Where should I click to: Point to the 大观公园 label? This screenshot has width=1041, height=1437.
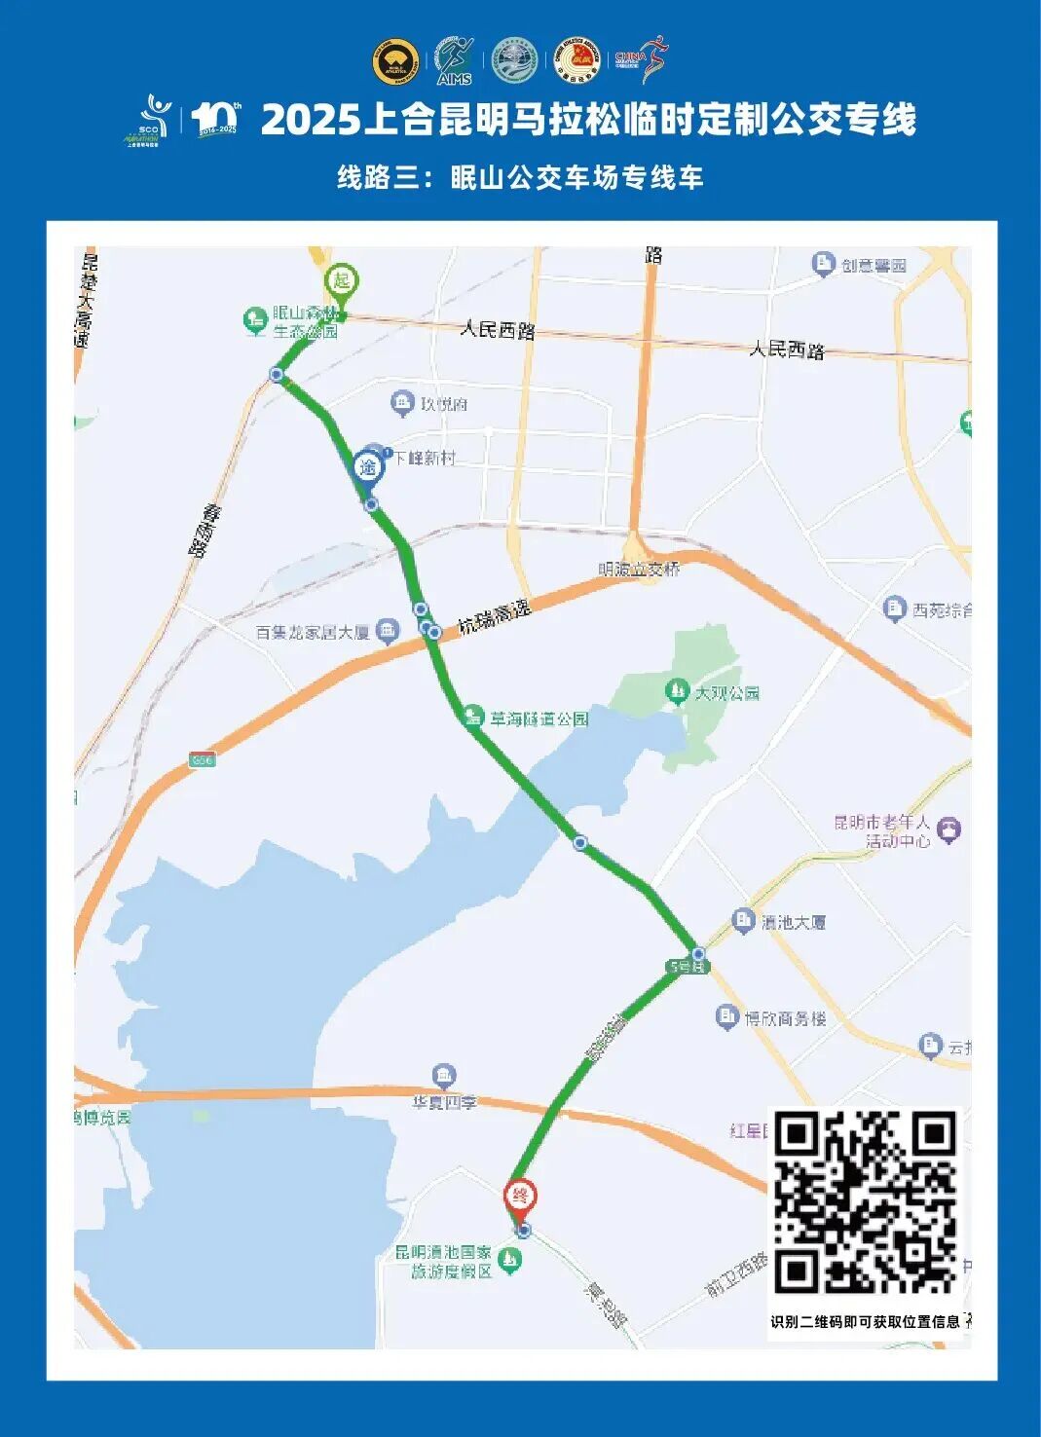pyautogui.click(x=726, y=693)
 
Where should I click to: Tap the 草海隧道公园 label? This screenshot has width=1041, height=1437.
pyautogui.click(x=539, y=719)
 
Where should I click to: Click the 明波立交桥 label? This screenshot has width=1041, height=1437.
pyautogui.click(x=639, y=570)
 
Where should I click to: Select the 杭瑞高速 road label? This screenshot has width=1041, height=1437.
pyautogui.click(x=496, y=615)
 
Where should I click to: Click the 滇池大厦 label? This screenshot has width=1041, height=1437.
pyautogui.click(x=794, y=921)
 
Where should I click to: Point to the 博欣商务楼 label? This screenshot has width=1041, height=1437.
pyautogui.click(x=785, y=1018)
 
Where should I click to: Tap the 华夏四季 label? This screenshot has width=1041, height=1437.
pyautogui.click(x=444, y=1102)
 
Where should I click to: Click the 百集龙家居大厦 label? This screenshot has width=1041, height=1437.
pyautogui.click(x=313, y=633)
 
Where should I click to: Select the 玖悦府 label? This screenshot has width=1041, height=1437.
pyautogui.click(x=444, y=403)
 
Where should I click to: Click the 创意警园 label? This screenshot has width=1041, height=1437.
pyautogui.click(x=874, y=265)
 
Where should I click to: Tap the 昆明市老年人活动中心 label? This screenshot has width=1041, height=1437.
pyautogui.click(x=882, y=831)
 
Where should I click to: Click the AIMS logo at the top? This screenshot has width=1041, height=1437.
pyautogui.click(x=454, y=60)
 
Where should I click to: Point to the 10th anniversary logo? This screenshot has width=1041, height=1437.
pyautogui.click(x=215, y=119)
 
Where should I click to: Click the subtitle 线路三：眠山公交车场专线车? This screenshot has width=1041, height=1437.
pyautogui.click(x=520, y=177)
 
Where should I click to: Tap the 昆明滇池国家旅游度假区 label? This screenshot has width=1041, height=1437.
pyautogui.click(x=444, y=1262)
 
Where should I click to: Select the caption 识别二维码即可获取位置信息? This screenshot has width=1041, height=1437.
pyautogui.click(x=865, y=1321)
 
